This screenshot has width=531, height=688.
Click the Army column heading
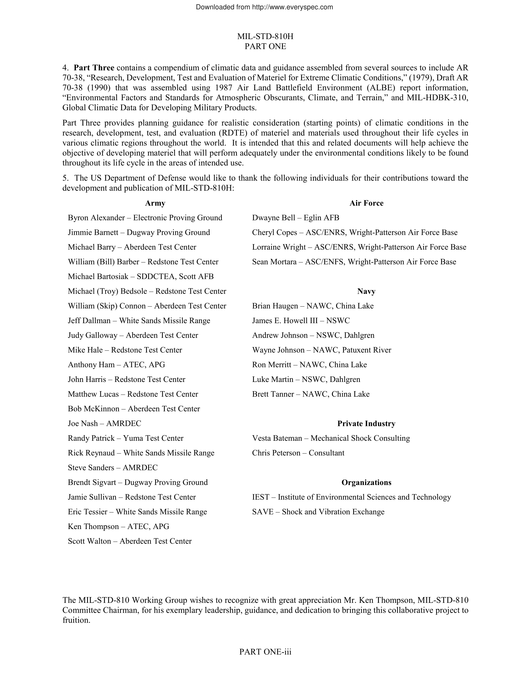click(x=155, y=203)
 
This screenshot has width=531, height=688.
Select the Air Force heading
click(x=366, y=203)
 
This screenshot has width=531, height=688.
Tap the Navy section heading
click(x=366, y=291)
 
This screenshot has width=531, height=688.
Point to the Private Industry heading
click(x=366, y=424)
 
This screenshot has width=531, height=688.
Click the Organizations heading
click(x=366, y=483)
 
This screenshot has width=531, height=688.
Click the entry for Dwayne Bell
click(x=273, y=218)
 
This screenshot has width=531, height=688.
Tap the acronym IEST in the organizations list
click(x=261, y=497)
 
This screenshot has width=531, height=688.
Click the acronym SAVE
click(x=263, y=512)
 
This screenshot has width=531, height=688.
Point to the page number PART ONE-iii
click(x=265, y=652)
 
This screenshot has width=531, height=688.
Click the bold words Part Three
click(x=94, y=68)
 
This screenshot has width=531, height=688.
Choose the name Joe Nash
click(x=83, y=424)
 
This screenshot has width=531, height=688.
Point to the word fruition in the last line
click(x=76, y=620)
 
